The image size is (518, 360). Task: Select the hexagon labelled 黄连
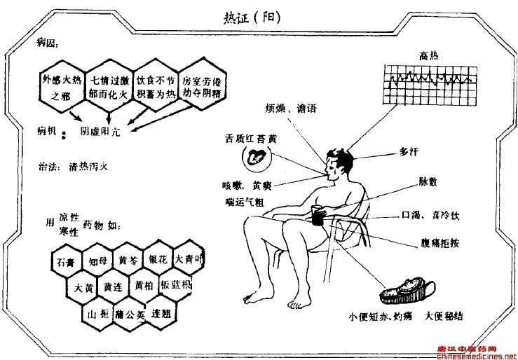[113, 287]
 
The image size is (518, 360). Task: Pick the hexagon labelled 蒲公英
[130, 314]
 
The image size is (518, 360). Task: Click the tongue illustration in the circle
[257, 158]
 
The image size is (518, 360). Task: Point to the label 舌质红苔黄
[250, 139]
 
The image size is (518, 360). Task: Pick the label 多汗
[410, 151]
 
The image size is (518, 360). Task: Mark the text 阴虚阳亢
[101, 131]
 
